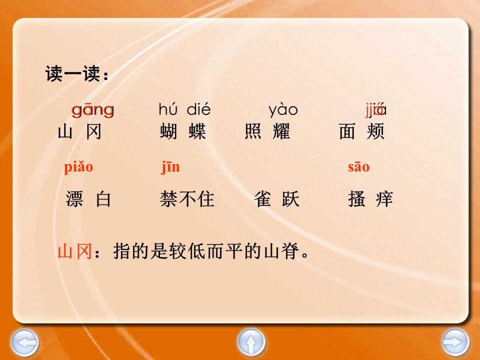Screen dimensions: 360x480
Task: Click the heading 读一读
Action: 76,74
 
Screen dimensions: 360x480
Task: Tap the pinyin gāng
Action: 92,109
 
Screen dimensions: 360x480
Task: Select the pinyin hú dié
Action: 184,109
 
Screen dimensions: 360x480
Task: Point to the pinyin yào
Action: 283,109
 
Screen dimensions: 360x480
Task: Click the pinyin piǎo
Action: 78,167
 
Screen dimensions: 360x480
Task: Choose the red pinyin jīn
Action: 170,167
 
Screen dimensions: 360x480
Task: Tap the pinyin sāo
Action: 358,167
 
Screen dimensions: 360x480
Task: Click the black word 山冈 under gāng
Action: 80,132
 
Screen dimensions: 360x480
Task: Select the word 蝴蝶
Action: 183,132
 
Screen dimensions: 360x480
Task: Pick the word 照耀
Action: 267,132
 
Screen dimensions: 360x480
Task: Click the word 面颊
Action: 361,132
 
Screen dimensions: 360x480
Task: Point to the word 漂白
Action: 88,199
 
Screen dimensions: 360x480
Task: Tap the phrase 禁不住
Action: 187,199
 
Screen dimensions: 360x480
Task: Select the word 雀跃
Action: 276,199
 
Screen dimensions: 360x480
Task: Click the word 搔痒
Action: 370,199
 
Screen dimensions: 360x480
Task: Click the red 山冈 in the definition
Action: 74,251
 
